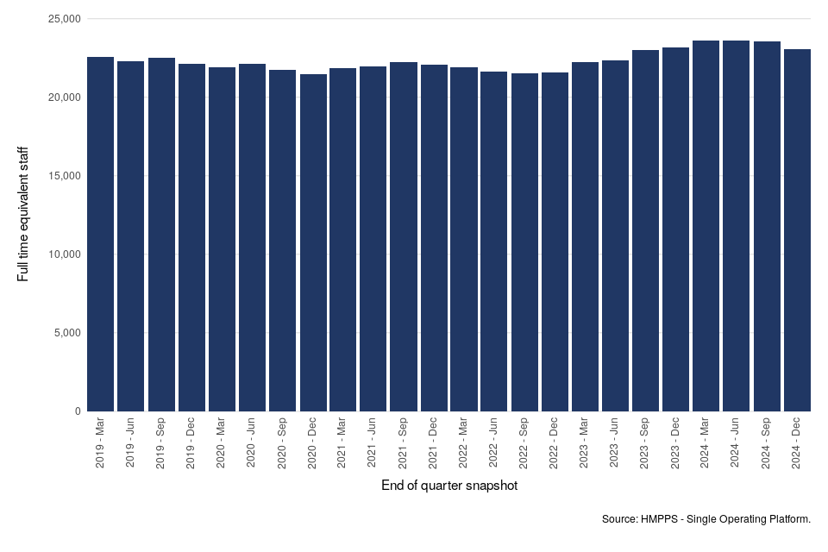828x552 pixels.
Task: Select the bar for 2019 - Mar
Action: tap(100, 234)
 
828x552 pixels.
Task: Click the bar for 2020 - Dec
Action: tap(312, 242)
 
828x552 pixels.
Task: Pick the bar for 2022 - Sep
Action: tap(524, 242)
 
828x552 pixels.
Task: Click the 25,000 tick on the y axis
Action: tap(62, 19)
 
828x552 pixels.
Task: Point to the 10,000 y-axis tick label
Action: tap(62, 254)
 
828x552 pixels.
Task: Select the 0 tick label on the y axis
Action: tap(78, 411)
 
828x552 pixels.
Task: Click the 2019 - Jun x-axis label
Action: tap(131, 443)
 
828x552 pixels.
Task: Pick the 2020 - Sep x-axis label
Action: tap(282, 443)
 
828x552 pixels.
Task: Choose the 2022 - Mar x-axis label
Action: tap(464, 443)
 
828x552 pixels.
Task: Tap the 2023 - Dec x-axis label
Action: tap(675, 443)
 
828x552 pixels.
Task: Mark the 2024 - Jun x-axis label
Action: tap(736, 443)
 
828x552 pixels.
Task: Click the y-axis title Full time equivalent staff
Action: tap(23, 214)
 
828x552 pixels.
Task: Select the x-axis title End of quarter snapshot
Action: tap(449, 486)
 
